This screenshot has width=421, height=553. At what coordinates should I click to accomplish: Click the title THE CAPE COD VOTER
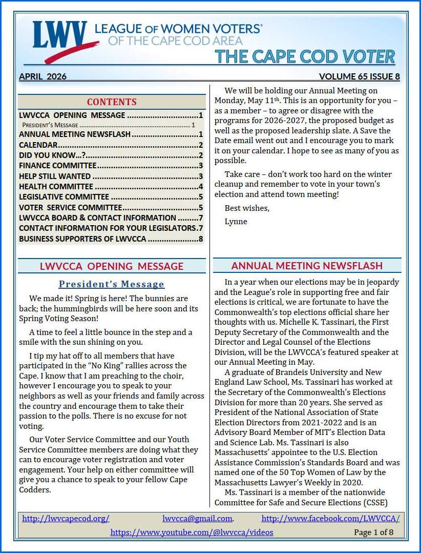[x=305, y=56]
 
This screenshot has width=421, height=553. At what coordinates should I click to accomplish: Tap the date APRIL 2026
[x=43, y=77]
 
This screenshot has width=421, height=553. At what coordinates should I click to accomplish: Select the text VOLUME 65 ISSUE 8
[x=359, y=77]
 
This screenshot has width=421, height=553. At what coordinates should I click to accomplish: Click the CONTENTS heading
[x=112, y=102]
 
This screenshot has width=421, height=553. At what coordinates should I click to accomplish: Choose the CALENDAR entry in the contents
[x=38, y=145]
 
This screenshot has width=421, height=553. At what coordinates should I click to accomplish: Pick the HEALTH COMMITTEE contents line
[x=56, y=187]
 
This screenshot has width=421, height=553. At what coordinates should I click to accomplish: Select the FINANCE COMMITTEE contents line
[x=57, y=166]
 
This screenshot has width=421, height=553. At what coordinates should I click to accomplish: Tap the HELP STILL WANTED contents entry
[x=55, y=176]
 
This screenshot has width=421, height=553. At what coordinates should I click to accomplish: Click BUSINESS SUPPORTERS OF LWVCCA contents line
[x=82, y=239]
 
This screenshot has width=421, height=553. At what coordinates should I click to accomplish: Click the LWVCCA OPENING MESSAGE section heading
[x=112, y=266]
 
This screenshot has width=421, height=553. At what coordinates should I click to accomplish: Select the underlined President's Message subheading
[x=112, y=284]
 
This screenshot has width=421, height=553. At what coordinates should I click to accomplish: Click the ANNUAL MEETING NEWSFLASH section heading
[x=307, y=266]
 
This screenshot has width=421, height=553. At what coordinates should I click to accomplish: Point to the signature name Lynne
[x=236, y=222]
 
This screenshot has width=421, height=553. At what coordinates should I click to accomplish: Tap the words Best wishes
[x=247, y=208]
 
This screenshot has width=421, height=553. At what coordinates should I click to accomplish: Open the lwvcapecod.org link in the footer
[x=66, y=519]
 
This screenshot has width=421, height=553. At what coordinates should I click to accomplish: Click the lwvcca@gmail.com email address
[x=198, y=519]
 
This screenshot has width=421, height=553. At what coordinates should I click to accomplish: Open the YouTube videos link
[x=192, y=532]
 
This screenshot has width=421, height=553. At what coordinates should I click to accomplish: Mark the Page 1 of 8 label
[x=373, y=532]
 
